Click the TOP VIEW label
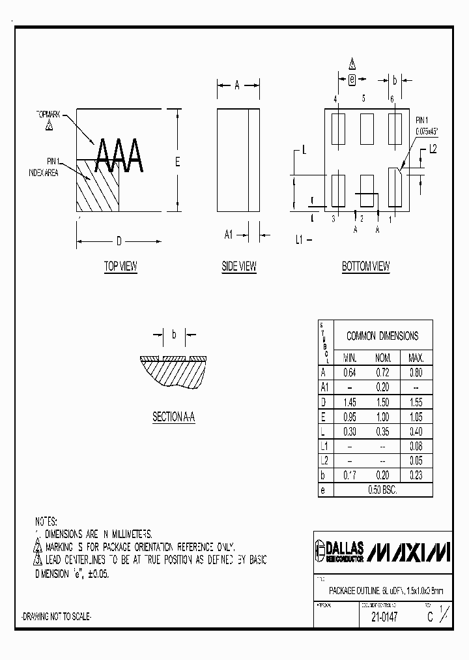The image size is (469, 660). pos(121,266)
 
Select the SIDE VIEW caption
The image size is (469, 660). pos(239,266)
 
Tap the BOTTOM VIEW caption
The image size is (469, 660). pos(365,266)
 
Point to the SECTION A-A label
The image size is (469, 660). pos(174,417)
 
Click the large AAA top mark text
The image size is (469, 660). pos(119,157)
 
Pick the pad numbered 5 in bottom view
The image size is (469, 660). pos(367,124)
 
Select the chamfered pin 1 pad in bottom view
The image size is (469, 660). pos(394,187)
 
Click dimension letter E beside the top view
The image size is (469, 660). pos(177,162)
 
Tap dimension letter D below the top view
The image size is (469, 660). pos(119,242)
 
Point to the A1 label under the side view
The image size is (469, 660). pos(229,235)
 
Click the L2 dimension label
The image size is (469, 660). pos(433,150)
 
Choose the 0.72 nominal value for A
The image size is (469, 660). pos(383,373)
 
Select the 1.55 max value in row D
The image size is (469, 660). pos(416,403)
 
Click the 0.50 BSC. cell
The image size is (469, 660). pos(383,490)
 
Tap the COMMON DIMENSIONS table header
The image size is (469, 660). pos(382,336)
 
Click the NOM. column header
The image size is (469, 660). pos(383,358)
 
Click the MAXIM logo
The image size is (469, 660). pos(408,552)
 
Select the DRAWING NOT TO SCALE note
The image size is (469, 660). pos(57,617)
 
